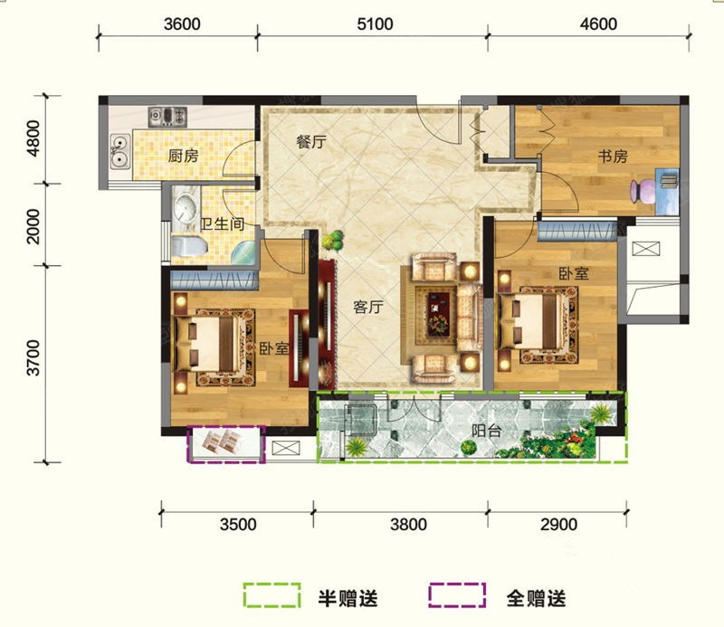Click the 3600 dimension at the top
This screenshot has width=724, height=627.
click(182, 24)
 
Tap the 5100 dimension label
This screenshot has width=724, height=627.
click(375, 24)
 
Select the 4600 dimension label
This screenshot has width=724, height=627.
click(598, 24)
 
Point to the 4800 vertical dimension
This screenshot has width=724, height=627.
click(33, 138)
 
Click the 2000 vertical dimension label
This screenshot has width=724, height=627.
click(33, 226)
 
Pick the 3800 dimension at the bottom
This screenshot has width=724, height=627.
click(409, 525)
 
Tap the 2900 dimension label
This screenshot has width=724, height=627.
click(558, 525)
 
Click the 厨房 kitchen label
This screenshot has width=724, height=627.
click(183, 156)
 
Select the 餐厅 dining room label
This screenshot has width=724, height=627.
click(311, 142)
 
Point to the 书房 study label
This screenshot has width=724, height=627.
click(613, 157)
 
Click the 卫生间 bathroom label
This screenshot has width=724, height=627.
click(223, 224)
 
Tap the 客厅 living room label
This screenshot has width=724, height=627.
click(368, 307)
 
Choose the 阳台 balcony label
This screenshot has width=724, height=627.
click(486, 432)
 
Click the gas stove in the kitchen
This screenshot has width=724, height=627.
click(167, 116)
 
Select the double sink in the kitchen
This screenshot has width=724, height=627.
click(120, 151)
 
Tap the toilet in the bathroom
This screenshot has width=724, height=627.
click(189, 246)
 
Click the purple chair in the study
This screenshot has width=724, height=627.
click(643, 191)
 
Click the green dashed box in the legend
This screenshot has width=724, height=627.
click(272, 594)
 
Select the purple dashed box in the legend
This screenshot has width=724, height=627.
click(457, 594)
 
